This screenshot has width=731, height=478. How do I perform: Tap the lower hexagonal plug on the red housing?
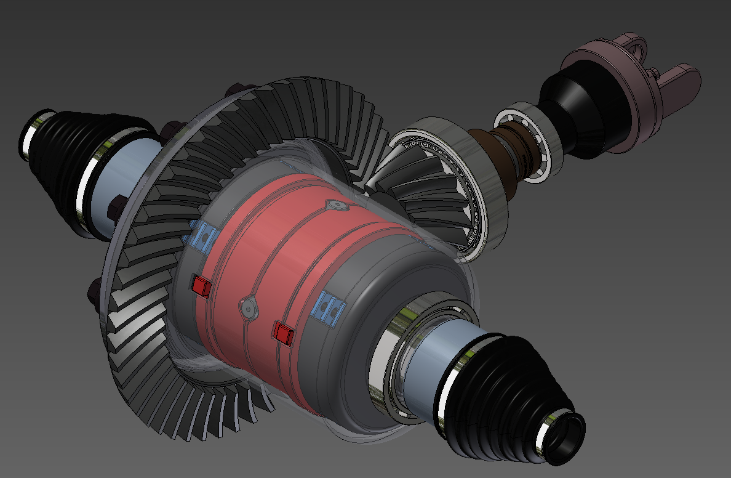click(248, 306)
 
